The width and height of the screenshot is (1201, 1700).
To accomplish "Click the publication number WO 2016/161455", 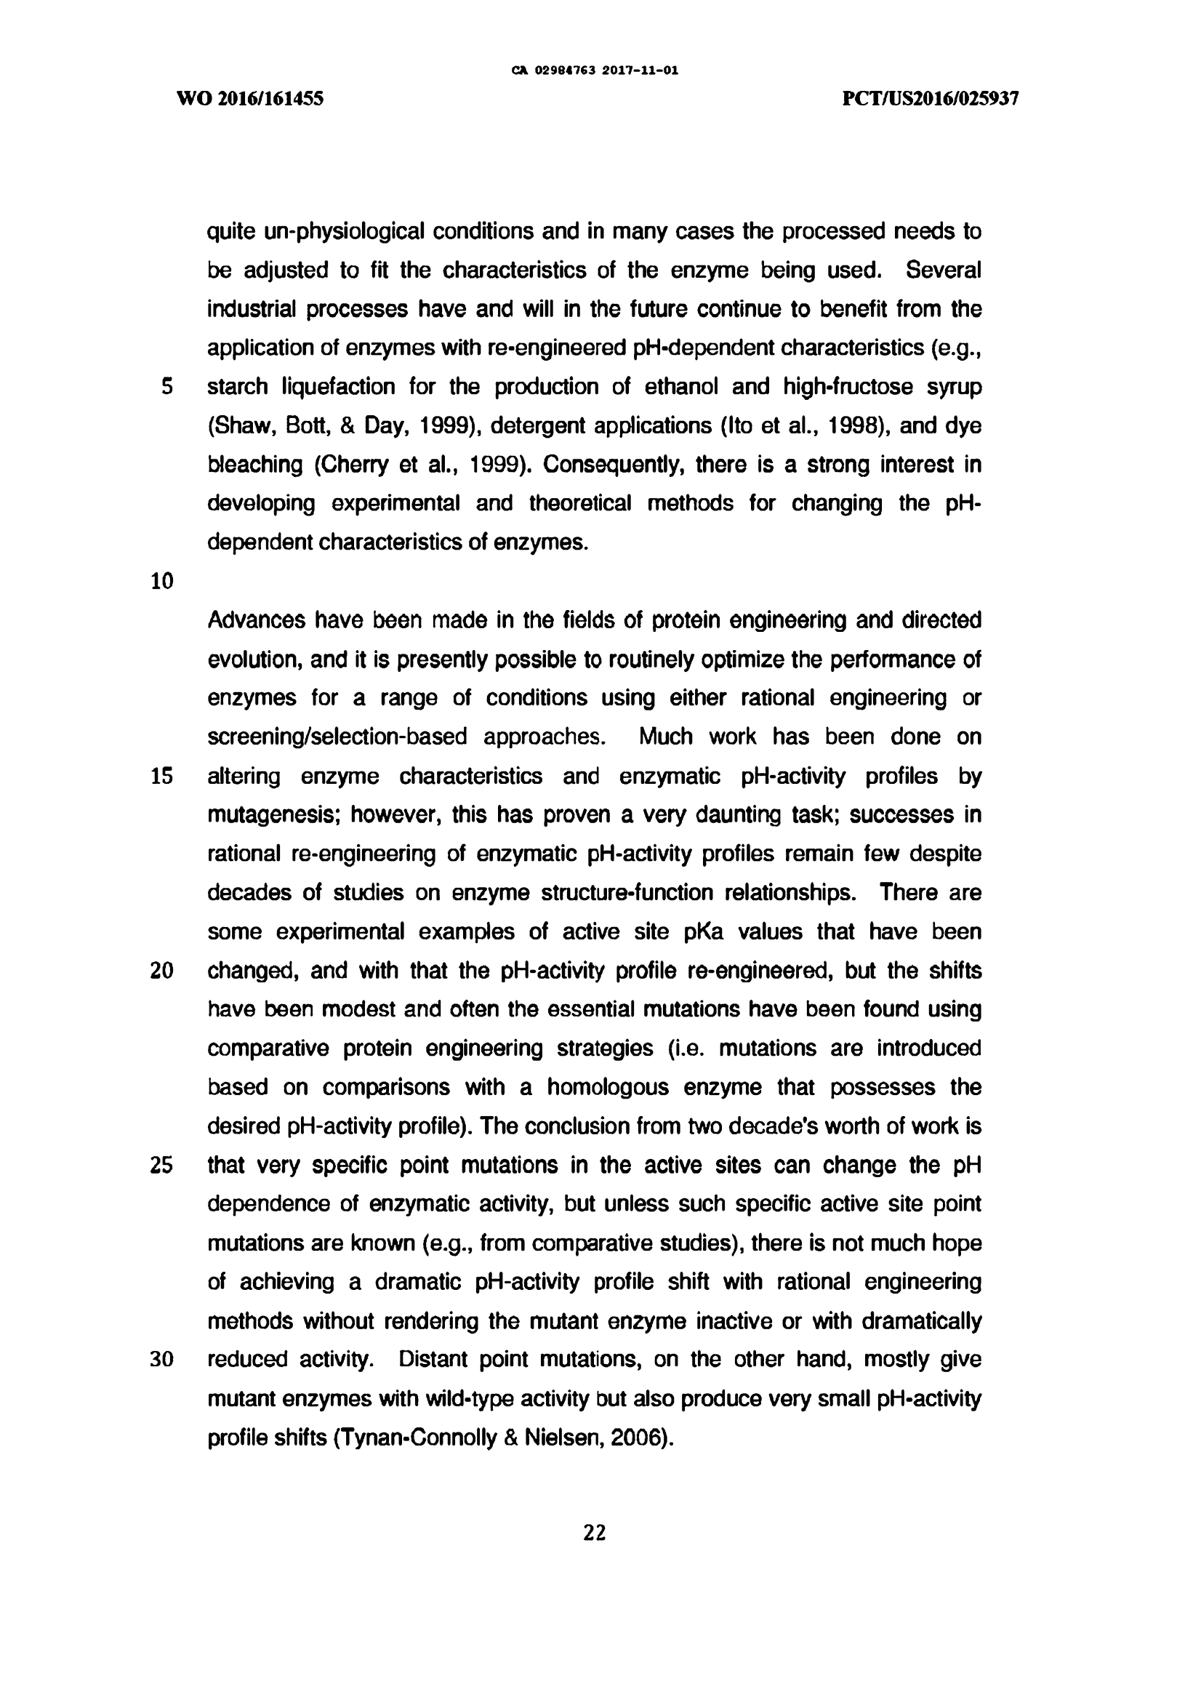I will coord(250,98).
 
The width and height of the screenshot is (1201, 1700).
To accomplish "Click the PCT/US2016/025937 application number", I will coord(931,98).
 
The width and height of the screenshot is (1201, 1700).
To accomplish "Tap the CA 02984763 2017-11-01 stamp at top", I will coord(595,71).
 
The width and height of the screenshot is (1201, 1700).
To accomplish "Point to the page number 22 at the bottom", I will coord(595,1533).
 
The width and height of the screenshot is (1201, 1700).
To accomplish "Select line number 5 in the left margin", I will coord(166,387).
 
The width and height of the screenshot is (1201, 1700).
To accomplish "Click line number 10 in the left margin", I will coord(161,581).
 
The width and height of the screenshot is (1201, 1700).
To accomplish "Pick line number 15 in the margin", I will coord(161,776).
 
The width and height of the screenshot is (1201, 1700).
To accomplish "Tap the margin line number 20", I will coord(161,971).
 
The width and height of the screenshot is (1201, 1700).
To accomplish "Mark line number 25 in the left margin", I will coord(161,1166).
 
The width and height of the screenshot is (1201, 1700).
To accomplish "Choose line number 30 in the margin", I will coord(161,1360).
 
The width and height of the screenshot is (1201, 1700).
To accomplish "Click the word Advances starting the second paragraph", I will coord(256,620).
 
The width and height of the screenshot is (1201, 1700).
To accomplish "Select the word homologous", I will coord(606,1087).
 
